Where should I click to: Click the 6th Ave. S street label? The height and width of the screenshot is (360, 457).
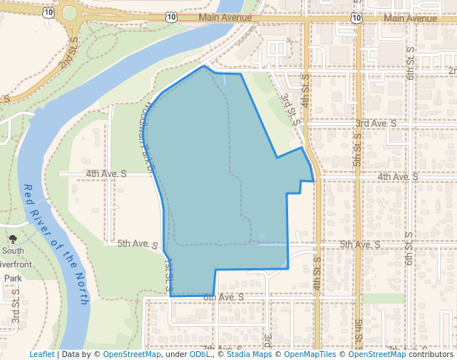223,297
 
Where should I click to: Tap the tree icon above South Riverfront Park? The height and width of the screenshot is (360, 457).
13,239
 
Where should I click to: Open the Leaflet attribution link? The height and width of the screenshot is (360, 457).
41,354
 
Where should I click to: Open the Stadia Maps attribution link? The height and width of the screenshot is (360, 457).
247,354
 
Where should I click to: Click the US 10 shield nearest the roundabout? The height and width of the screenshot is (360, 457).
48,13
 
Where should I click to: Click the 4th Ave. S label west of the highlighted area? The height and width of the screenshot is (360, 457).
107,173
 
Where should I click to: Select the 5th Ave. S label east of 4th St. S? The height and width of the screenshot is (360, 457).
360,244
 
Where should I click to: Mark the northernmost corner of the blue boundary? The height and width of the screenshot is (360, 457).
204,66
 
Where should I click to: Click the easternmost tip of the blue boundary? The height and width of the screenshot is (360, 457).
316,180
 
